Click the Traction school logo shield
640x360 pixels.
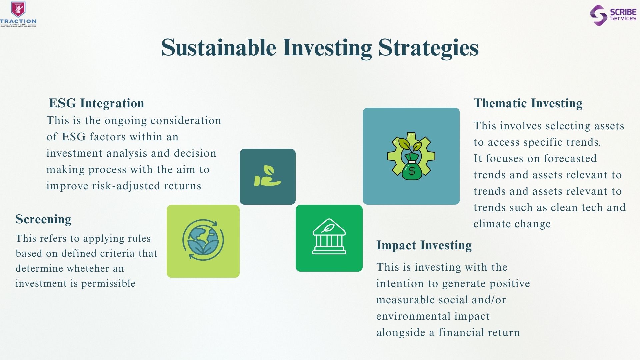click(x=18, y=9)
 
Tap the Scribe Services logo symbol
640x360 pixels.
click(x=598, y=15)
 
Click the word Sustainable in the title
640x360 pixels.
click(x=219, y=47)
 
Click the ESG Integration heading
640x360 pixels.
click(x=97, y=103)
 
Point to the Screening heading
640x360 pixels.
click(x=43, y=219)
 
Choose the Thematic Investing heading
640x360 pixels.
click(x=528, y=103)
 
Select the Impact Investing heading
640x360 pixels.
click(x=424, y=245)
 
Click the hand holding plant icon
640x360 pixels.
click(x=267, y=176)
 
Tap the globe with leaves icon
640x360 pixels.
click(x=203, y=239)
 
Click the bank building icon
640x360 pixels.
click(x=329, y=236)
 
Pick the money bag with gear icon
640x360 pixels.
click(x=411, y=156)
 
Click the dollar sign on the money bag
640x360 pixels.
click(x=412, y=171)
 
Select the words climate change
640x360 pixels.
click(x=512, y=224)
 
